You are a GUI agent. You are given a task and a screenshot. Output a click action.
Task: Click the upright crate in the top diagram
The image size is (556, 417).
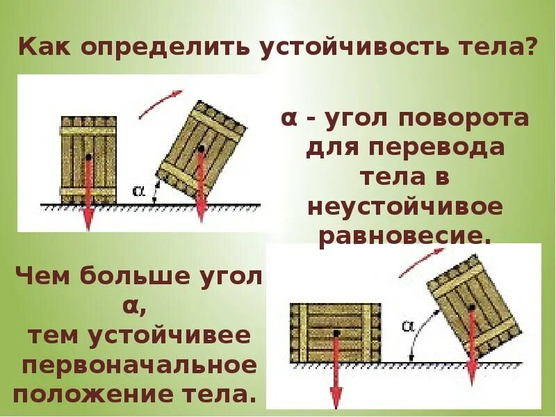[x=88, y=159]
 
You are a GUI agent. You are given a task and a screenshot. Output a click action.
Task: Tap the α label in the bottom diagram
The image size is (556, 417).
[x=408, y=325]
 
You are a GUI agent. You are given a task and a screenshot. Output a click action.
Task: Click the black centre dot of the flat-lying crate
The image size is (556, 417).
[x=336, y=334]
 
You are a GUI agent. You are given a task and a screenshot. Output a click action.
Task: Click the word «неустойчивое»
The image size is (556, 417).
[x=405, y=206]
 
